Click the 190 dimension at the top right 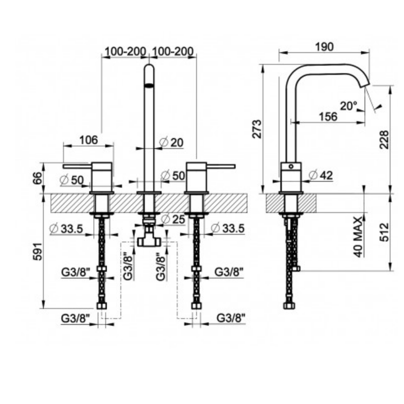324,47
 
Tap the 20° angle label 348,105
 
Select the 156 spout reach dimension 328,117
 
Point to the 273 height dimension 256,129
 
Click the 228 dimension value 384,140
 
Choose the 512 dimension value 384,232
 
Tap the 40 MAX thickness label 358,237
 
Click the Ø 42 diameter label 321,176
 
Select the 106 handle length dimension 89,140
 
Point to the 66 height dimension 38,178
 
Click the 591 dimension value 38,251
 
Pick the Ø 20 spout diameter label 171,142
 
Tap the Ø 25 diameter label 173,219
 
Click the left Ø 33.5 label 67,228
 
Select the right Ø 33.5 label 228,228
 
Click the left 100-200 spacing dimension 125,52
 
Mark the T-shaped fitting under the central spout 149,237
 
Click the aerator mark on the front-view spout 149,85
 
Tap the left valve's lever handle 77,166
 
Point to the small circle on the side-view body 291,167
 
